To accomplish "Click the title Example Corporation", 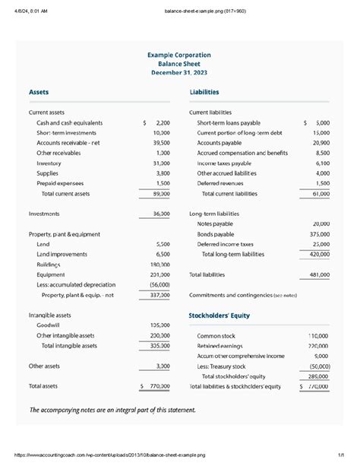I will click(x=180, y=55).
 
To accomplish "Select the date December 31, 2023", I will click(x=180, y=73).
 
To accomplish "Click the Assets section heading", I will click(x=39, y=92).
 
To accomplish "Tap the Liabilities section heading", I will click(x=204, y=92).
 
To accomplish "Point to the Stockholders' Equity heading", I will click(x=219, y=315).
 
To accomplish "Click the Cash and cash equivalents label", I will click(x=69, y=122).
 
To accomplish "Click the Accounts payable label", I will click(x=219, y=142).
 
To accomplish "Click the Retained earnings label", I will click(x=224, y=345).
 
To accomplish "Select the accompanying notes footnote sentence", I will click(x=112, y=410).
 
